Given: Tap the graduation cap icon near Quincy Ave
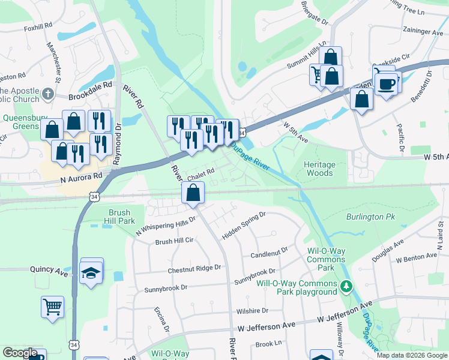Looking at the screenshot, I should [x=91, y=273].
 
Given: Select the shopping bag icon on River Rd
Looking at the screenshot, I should [x=193, y=193].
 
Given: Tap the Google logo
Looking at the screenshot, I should [x=20, y=353].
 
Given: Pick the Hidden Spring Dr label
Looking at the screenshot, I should [x=244, y=226].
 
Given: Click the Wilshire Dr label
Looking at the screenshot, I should [x=252, y=311].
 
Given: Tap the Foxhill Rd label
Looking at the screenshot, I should [x=38, y=28].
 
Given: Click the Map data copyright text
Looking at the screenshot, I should [x=411, y=355].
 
